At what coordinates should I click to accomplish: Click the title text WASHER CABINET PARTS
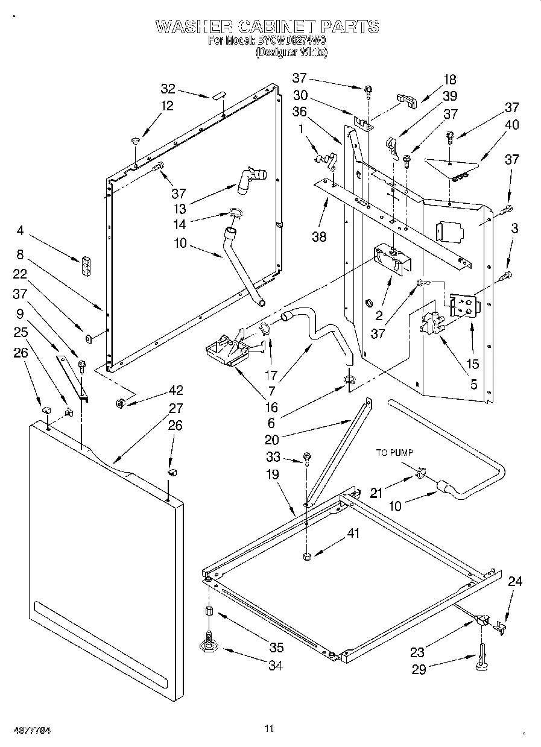pyautogui.click(x=267, y=27)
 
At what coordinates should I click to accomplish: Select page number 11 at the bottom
pyautogui.click(x=269, y=728)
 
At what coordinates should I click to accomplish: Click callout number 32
pyautogui.click(x=168, y=89)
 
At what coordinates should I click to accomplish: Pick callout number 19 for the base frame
pyautogui.click(x=273, y=474)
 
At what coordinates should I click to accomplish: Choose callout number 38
pyautogui.click(x=319, y=236)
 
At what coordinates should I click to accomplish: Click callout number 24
pyautogui.click(x=514, y=582)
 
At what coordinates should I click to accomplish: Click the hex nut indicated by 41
pyautogui.click(x=307, y=555)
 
